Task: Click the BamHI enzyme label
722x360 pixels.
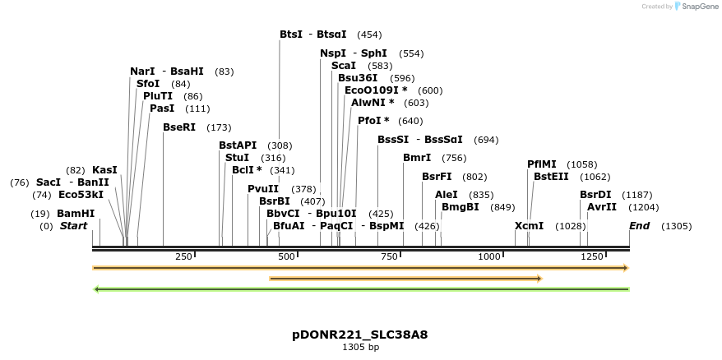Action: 76,214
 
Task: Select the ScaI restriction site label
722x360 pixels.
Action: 344,65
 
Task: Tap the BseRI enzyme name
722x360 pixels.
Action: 179,127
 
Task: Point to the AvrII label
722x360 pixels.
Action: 602,207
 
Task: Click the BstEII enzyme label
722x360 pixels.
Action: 550,176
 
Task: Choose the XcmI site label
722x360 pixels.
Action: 529,226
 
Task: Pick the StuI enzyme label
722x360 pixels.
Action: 237,157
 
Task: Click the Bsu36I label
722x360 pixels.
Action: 359,78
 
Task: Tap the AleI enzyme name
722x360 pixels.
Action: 447,195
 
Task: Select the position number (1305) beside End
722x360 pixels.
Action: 676,226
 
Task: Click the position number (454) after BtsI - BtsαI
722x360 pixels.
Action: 369,35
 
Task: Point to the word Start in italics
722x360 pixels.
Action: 73,226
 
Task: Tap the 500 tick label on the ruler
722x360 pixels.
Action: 286,256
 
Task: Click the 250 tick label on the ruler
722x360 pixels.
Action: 183,256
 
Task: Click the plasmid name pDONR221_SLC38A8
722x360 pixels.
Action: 360,335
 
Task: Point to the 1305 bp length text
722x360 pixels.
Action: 360,348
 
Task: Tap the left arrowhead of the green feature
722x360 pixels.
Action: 96,289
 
